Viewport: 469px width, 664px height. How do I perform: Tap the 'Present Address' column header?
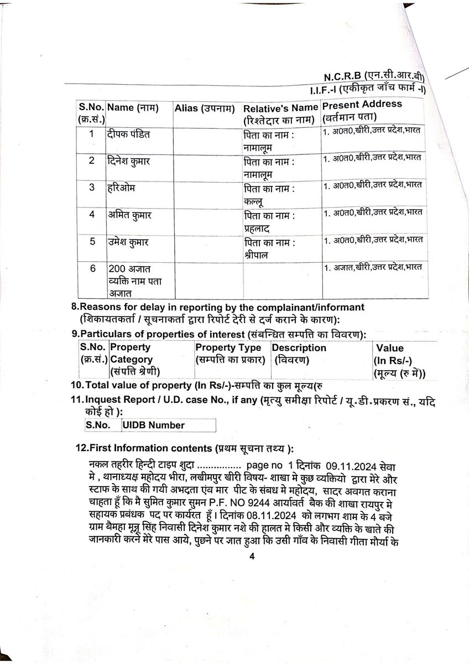362,105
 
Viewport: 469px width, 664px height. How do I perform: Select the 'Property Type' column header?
228,348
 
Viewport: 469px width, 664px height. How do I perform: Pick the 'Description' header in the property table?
299,348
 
